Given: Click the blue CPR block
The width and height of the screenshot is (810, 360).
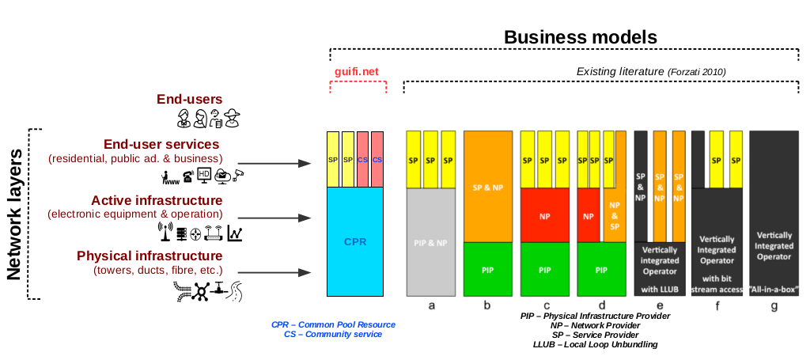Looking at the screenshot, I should click(355, 241).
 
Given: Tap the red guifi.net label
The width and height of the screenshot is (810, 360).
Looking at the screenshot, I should click(356, 71).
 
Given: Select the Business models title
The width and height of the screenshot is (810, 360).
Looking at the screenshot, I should click(581, 37).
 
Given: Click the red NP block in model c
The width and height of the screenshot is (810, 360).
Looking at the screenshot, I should click(545, 214).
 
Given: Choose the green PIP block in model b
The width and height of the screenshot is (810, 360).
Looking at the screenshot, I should click(487, 269).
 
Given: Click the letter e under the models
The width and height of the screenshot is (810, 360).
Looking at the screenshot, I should click(660, 305).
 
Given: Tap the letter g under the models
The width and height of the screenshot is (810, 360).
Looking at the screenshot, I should click(775, 305).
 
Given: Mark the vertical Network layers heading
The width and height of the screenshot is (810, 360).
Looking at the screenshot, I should click(13, 214).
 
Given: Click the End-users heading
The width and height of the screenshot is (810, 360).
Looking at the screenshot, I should click(189, 100).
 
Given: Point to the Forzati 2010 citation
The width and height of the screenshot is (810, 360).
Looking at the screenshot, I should click(698, 72).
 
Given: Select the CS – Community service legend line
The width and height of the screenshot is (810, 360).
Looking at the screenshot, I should click(332, 335).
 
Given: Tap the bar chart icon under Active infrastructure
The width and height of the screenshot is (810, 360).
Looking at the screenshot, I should click(235, 233).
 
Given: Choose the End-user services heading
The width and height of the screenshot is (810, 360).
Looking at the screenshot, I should click(161, 144).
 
